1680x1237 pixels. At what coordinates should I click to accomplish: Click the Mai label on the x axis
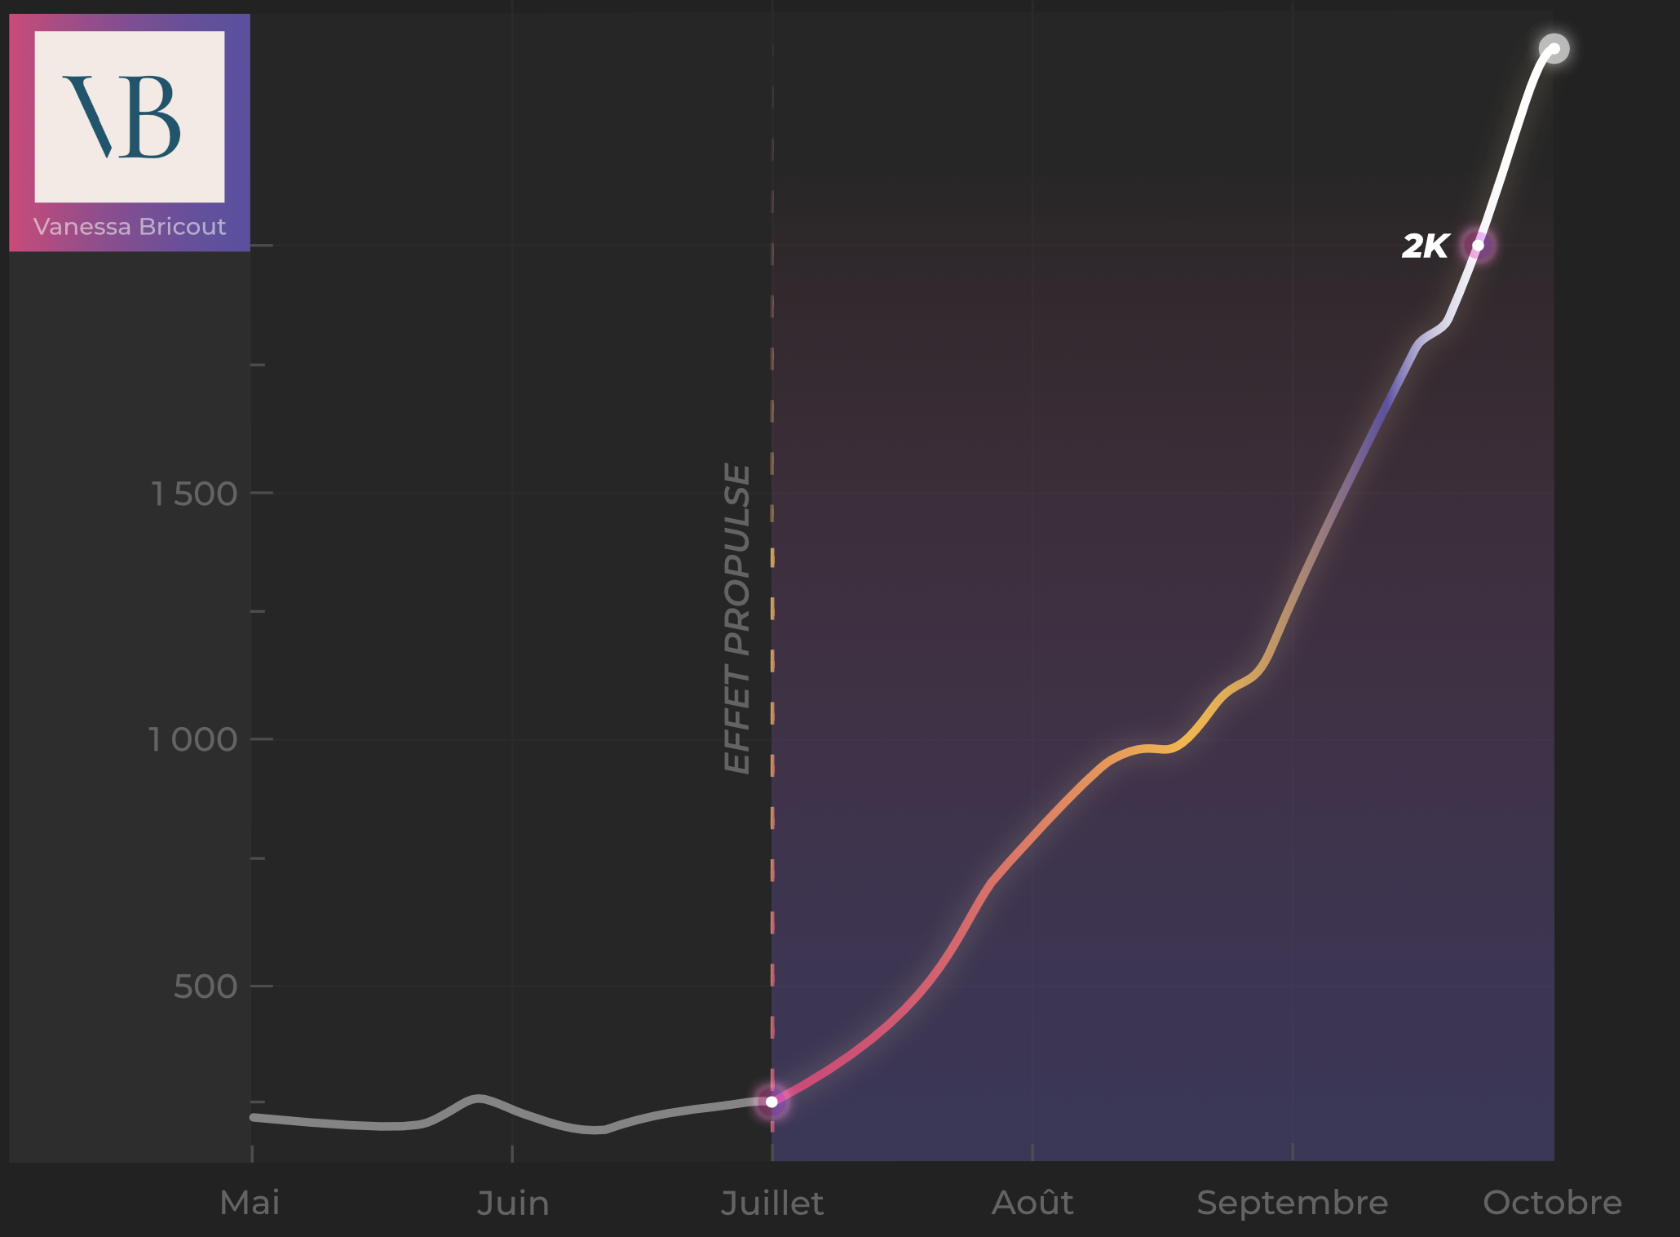click(x=250, y=1203)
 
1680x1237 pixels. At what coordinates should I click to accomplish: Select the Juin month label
click(x=512, y=1204)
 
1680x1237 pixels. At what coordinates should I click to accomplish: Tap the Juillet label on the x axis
click(x=771, y=1204)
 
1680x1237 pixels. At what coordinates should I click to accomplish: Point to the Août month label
click(x=1032, y=1203)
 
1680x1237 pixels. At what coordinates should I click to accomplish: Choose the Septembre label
click(x=1292, y=1203)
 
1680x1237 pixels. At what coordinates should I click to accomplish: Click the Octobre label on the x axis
click(x=1552, y=1203)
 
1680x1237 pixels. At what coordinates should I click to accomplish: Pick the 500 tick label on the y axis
click(x=206, y=986)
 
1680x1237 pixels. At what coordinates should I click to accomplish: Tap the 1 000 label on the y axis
click(x=192, y=739)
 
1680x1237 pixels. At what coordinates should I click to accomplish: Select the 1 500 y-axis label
click(x=194, y=494)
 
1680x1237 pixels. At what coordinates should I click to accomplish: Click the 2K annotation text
click(x=1426, y=246)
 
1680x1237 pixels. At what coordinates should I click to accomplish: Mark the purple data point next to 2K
click(x=1478, y=245)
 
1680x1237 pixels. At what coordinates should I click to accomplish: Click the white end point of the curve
click(x=1554, y=49)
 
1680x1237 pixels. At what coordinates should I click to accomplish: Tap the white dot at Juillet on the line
click(x=771, y=1102)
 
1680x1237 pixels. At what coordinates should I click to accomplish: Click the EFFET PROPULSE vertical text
click(x=737, y=618)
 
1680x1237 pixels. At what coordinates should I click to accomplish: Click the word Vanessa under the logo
click(x=82, y=227)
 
